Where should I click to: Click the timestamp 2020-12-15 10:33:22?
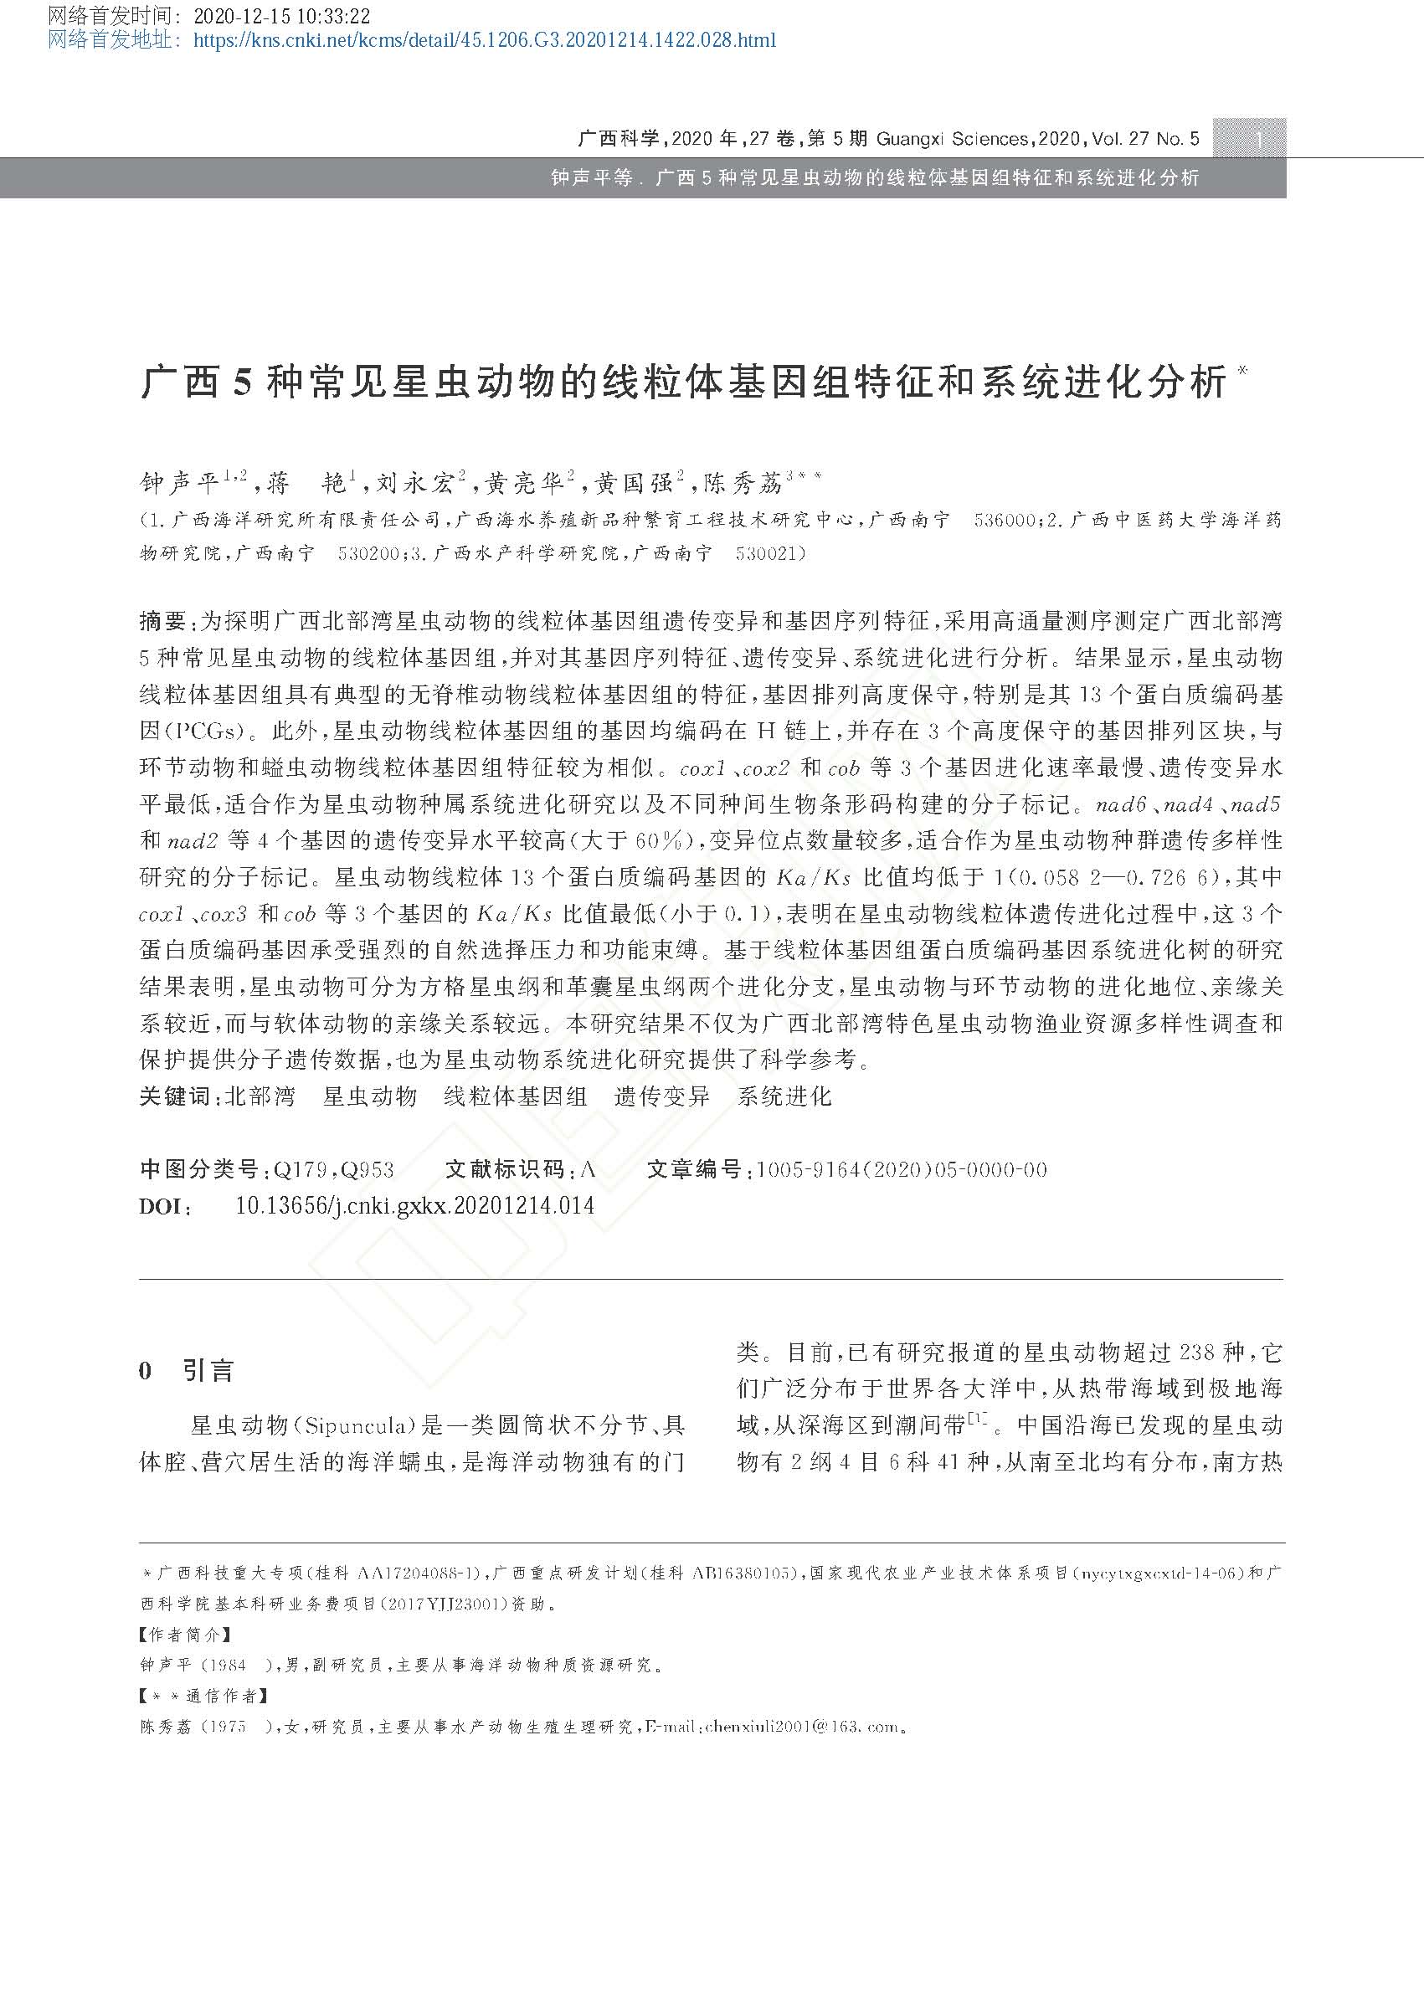click(280, 16)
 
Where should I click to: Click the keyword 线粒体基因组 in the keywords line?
click(515, 1096)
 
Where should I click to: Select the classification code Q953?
click(367, 1169)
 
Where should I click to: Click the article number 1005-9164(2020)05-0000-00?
click(902, 1169)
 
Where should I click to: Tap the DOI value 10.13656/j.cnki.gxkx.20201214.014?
click(414, 1205)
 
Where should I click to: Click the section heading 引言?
click(208, 1371)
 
